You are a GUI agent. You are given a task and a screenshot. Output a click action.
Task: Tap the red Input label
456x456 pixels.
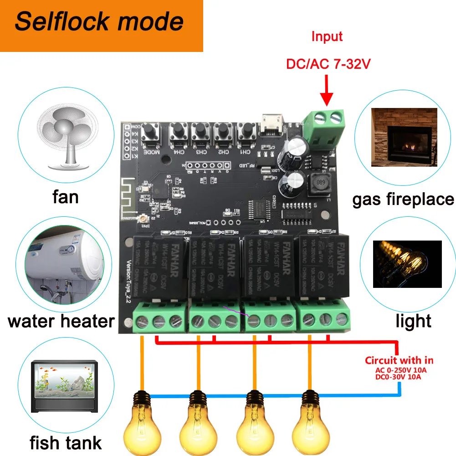[x=327, y=37]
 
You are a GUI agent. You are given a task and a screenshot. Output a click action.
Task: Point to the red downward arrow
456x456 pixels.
[x=326, y=91]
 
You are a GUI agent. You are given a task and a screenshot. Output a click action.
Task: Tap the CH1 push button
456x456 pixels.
[x=245, y=132]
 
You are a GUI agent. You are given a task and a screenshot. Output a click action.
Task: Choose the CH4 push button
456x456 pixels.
[x=177, y=132]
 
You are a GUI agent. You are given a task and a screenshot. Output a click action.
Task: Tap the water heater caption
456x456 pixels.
[x=61, y=321]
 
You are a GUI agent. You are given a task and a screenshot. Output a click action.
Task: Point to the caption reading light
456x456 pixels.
[x=413, y=322]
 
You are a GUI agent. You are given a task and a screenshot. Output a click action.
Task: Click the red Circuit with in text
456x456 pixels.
[x=399, y=360]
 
